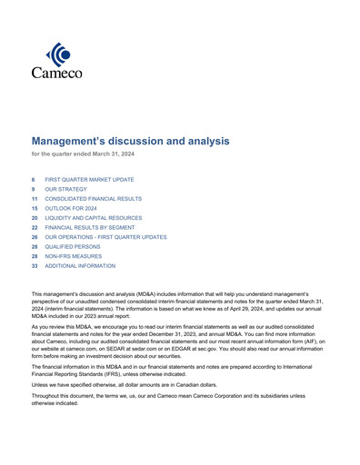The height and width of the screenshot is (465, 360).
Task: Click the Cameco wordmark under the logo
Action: [56, 73]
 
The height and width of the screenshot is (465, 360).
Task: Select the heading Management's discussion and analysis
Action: [131, 141]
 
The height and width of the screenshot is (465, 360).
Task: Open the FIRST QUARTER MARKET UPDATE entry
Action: [89, 180]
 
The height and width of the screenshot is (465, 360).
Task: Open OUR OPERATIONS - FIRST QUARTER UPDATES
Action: [105, 237]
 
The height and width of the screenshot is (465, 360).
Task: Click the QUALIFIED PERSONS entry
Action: [75, 246]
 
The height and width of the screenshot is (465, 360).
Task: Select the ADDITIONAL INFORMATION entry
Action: [80, 266]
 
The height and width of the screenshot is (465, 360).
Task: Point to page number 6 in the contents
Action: [34, 180]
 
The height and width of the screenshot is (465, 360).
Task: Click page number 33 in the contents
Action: [35, 266]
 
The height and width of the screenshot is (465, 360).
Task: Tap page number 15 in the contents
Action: [35, 208]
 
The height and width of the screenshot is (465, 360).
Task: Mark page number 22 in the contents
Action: [35, 227]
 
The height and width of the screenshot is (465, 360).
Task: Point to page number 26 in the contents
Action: [35, 237]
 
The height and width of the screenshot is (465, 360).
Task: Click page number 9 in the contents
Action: [34, 189]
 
